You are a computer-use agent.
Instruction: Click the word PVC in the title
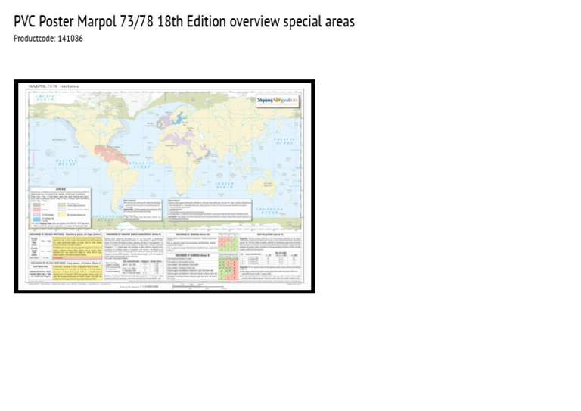28,22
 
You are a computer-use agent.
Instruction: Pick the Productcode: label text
33,38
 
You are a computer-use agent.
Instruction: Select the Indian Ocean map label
226,184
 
